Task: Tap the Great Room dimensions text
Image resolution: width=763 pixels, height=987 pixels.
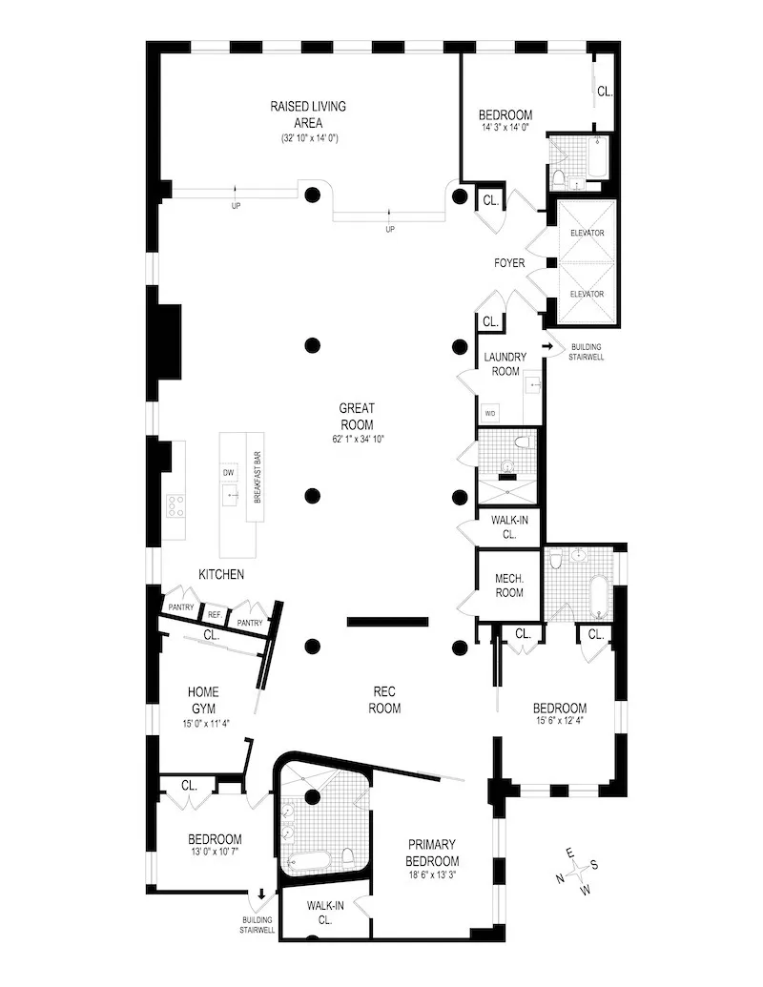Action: point(356,440)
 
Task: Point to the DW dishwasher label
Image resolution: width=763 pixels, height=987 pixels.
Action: point(229,473)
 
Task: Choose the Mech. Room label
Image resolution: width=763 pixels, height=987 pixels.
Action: point(508,585)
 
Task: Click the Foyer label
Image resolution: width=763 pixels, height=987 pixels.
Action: point(508,263)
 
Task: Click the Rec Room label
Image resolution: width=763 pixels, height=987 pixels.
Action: point(386,700)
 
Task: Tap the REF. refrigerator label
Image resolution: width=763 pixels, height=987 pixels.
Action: point(215,616)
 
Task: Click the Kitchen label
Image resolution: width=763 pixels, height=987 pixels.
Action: point(221,575)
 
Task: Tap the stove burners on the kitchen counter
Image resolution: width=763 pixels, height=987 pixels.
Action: point(175,505)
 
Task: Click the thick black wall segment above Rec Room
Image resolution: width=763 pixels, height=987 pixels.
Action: point(387,623)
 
